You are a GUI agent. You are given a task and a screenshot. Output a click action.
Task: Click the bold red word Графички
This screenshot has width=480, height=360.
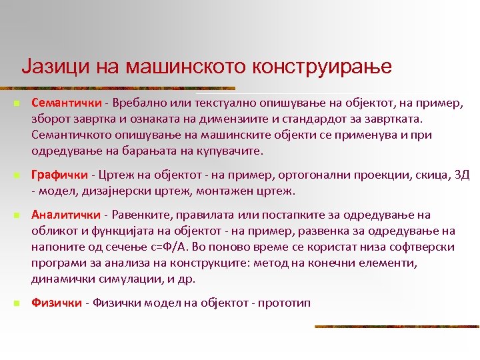(59, 175)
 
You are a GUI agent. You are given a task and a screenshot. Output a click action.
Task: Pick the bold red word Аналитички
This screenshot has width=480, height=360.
(65, 215)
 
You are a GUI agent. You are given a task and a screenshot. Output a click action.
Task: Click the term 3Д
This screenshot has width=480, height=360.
(461, 175)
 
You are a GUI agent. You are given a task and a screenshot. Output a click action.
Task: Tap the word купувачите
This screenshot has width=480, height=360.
(231, 151)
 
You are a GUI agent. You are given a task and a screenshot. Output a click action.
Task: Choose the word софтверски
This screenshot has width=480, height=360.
(423, 247)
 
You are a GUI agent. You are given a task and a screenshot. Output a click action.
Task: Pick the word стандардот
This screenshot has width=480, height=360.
(349, 119)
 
